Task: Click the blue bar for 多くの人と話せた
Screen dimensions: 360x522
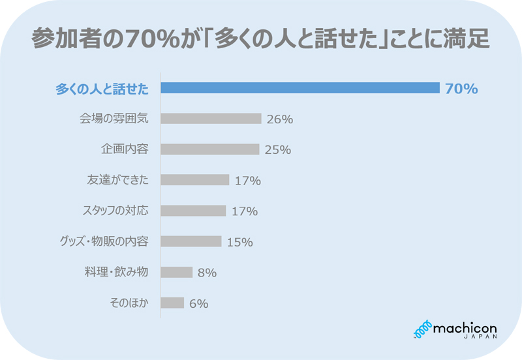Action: click(300, 88)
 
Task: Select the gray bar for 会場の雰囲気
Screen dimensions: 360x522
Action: click(211, 119)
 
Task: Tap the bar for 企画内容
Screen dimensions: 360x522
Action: click(209, 149)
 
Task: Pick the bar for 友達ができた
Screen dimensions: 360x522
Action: click(194, 180)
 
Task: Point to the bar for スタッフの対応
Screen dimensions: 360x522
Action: click(193, 211)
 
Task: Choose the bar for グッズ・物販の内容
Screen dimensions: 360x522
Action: click(191, 241)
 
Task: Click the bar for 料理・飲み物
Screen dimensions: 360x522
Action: click(176, 272)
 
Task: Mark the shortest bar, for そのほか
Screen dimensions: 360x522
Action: click(172, 303)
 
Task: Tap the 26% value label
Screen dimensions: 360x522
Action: click(280, 119)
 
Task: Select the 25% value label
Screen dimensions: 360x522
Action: click(277, 150)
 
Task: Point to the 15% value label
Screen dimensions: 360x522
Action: click(239, 242)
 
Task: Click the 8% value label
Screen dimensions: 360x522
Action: click(207, 273)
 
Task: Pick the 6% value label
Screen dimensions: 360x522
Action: click(198, 303)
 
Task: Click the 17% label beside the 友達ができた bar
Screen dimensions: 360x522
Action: click(247, 181)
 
